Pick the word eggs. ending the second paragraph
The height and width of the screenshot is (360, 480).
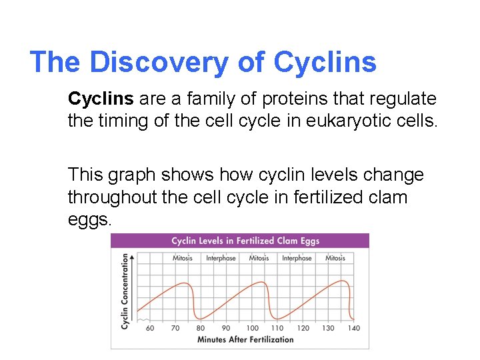[x=89, y=220]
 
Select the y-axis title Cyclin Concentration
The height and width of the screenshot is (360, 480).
[x=125, y=291]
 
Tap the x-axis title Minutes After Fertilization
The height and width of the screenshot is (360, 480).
[x=245, y=339]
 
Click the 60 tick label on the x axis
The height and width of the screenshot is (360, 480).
[x=149, y=328]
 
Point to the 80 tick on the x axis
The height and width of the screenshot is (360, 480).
[x=201, y=328]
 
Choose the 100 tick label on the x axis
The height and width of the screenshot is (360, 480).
[x=252, y=328]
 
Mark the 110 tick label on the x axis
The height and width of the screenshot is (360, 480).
[x=277, y=328]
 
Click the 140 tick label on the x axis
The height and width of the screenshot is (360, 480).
[x=354, y=328]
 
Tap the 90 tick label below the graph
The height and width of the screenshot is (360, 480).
[x=226, y=328]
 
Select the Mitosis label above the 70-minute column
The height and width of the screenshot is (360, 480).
[x=183, y=258]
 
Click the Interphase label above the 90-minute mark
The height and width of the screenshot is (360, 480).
[x=221, y=258]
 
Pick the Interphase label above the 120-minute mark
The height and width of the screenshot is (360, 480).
[x=297, y=258]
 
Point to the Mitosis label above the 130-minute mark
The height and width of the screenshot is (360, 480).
[x=335, y=258]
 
